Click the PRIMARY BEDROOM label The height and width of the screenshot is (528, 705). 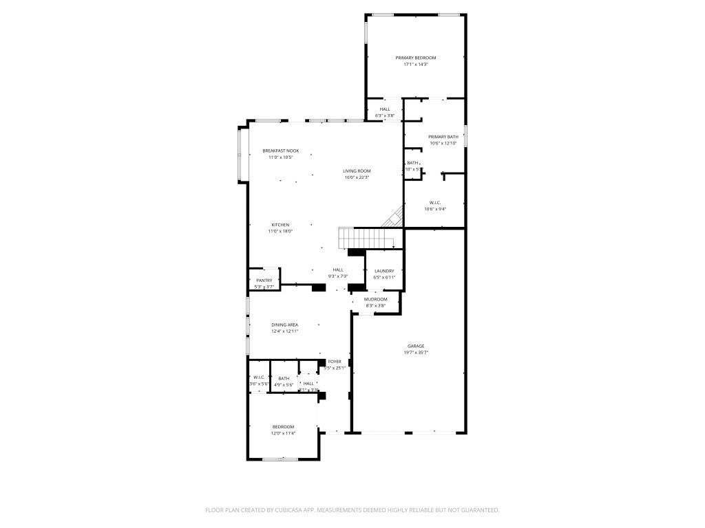[415, 58]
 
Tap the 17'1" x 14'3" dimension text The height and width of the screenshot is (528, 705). [415, 64]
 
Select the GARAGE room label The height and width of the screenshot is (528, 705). [415, 346]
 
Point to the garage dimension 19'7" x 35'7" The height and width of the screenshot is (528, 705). [415, 352]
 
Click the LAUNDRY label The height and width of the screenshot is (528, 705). [383, 271]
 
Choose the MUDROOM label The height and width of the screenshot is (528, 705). [376, 299]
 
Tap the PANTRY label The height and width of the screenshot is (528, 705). [264, 280]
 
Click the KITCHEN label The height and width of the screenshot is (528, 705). [280, 225]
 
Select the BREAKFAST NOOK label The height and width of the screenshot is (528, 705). [280, 151]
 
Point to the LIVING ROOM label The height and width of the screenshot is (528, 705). [357, 170]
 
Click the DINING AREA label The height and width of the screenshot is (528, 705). [284, 324]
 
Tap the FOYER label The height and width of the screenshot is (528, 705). [335, 361]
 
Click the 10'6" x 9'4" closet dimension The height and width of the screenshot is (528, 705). [435, 209]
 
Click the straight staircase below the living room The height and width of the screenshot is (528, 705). [365, 239]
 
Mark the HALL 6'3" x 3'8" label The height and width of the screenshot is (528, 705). [384, 109]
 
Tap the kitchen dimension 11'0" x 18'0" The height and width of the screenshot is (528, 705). [280, 232]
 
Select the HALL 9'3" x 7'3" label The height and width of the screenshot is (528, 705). [338, 269]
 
